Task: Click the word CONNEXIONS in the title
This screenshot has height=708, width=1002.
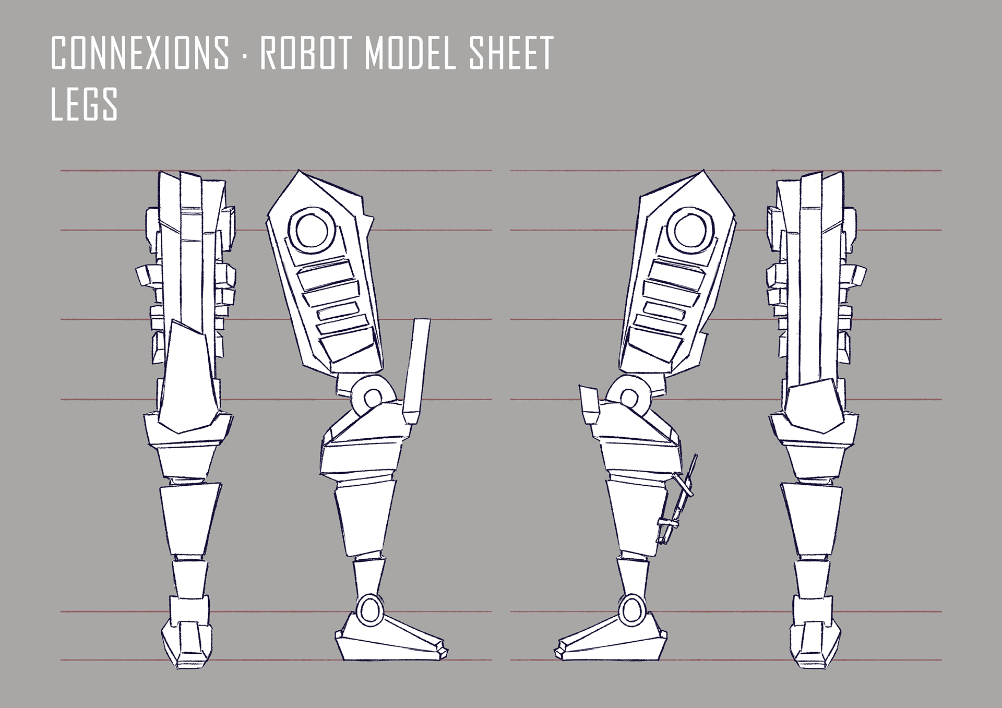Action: tap(140, 53)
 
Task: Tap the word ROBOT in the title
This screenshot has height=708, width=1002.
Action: tap(305, 53)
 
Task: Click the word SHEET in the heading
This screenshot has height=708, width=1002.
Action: tap(511, 53)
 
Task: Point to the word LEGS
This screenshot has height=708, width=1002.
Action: tap(84, 104)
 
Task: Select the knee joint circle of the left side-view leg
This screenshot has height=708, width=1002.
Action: tap(372, 399)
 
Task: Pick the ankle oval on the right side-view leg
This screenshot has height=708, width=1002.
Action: tap(631, 609)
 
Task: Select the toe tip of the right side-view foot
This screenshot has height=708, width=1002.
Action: tap(559, 651)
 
